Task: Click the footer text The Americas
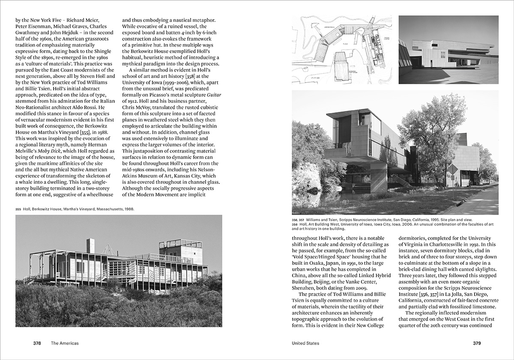click(x=65, y=343)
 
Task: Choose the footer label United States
click(x=305, y=343)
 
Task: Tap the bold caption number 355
click(x=18, y=209)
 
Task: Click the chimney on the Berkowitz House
click(x=90, y=246)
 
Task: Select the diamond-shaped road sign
click(x=452, y=169)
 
